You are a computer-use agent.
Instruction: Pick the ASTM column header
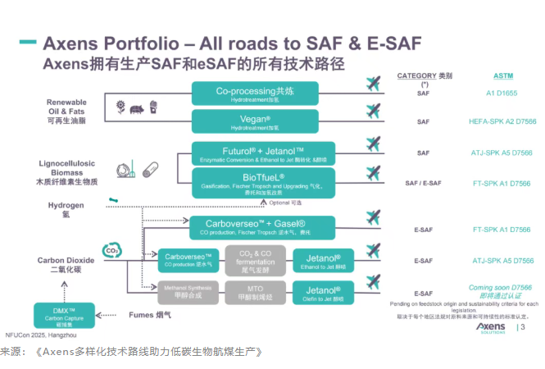pyautogui.click(x=502, y=75)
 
